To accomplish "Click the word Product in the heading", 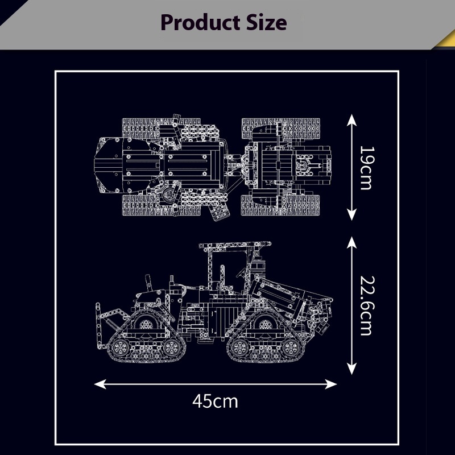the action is [x=200, y=23].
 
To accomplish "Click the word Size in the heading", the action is [x=267, y=23].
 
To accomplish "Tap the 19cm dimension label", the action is [x=367, y=168].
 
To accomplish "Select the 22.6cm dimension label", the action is [x=367, y=305].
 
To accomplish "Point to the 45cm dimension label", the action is [x=215, y=402].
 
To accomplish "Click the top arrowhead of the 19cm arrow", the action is [x=351, y=119].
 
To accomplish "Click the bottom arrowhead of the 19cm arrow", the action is [x=351, y=215].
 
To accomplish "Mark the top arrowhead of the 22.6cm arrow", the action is [x=351, y=242].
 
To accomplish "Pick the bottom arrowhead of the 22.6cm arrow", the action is [x=351, y=369].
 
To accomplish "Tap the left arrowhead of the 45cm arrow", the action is [x=100, y=384].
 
